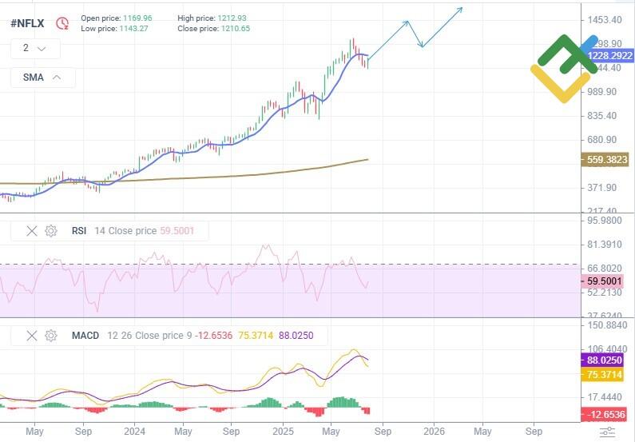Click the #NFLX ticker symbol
pos(27,23)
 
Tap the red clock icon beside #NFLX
pos(62,23)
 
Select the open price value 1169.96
pos(133,17)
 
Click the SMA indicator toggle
pos(43,78)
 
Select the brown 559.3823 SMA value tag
pos(606,160)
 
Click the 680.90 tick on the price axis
pos(603,140)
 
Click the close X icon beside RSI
pos(32,231)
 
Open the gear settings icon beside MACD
pos(51,336)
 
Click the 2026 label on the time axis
pos(434,432)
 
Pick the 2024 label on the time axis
pos(134,432)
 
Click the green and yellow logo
pos(563,68)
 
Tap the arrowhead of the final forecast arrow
pos(461,10)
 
